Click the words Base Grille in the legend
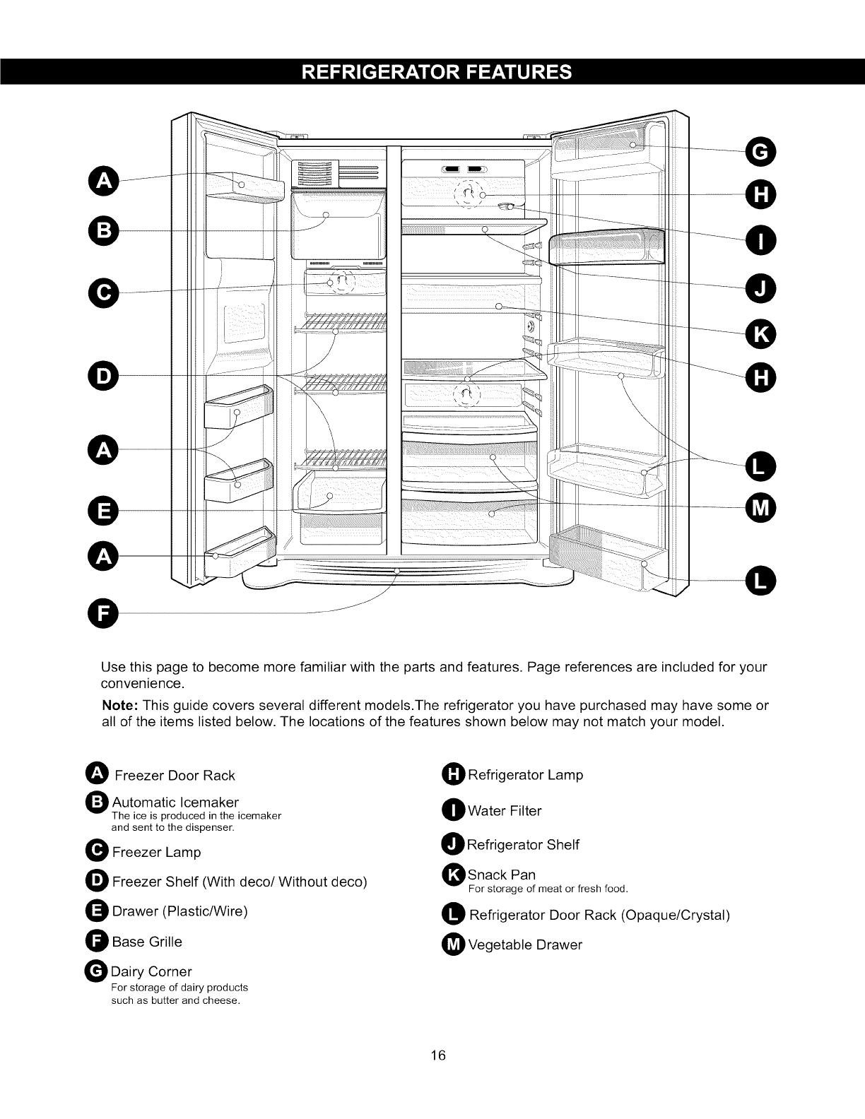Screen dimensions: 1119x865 (x=147, y=942)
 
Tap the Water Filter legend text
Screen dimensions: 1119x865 (x=505, y=811)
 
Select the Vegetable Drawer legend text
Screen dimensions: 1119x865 (x=525, y=945)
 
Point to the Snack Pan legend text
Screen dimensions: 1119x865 (x=502, y=875)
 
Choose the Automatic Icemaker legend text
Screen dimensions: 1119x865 (x=175, y=803)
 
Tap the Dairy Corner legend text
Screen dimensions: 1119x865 (x=152, y=971)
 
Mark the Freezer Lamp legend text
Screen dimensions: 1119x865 (x=157, y=852)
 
